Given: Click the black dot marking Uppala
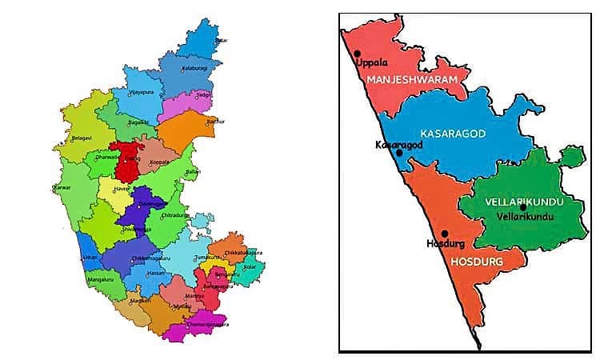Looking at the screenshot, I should click(356, 54).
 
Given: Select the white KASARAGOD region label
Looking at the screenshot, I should click(453, 133).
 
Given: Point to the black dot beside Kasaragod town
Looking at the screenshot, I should click(399, 152).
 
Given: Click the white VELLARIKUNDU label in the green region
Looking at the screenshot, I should click(524, 202).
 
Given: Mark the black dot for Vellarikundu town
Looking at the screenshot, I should click(522, 207).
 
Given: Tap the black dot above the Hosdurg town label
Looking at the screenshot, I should click(444, 234).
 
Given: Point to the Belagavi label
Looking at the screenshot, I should click(81, 138).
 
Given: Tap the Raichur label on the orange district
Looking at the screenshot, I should click(214, 122).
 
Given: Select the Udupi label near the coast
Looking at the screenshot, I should click(90, 258).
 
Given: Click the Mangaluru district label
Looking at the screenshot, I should click(100, 282).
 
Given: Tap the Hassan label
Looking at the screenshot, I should click(155, 273).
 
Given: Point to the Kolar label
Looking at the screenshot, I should click(250, 266).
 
